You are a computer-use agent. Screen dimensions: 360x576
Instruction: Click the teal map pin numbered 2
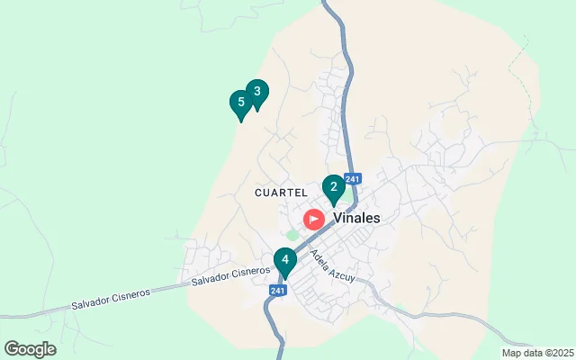(x=334, y=188)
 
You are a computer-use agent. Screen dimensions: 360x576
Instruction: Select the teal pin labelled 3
(x=257, y=92)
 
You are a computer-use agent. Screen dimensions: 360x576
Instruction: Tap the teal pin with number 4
(x=285, y=261)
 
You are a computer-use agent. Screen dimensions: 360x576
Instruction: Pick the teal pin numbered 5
(x=240, y=103)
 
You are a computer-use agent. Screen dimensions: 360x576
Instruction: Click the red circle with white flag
(x=313, y=219)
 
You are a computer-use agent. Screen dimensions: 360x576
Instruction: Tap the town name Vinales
(x=356, y=218)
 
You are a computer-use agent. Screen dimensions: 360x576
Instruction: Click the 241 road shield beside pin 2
(x=352, y=179)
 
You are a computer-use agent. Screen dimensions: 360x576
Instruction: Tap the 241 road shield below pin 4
(x=278, y=290)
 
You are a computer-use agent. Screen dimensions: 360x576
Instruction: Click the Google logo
(x=30, y=349)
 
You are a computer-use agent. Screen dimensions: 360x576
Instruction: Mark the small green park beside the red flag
(x=292, y=235)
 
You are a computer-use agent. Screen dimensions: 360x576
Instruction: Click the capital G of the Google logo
(x=12, y=348)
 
